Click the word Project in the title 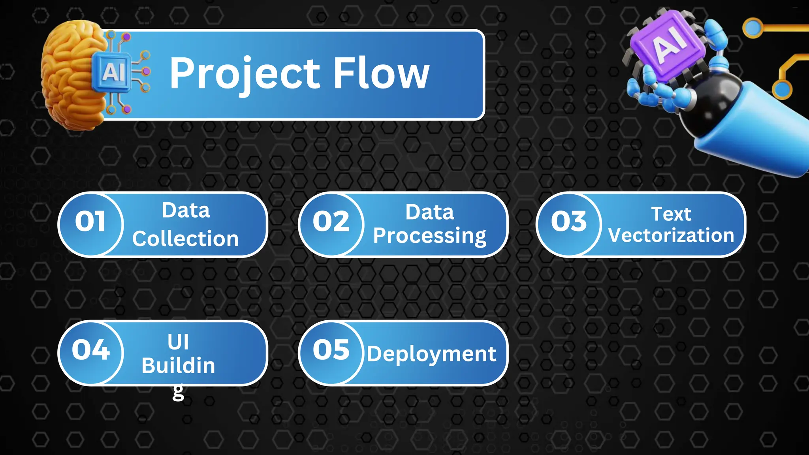(245, 73)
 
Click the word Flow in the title (381, 73)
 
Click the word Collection (185, 239)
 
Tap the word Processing (429, 236)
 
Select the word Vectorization (671, 235)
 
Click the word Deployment (431, 354)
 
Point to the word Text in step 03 (671, 214)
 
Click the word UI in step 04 (178, 342)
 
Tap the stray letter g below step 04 (178, 392)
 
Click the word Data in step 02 (429, 212)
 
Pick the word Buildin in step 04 (178, 366)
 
